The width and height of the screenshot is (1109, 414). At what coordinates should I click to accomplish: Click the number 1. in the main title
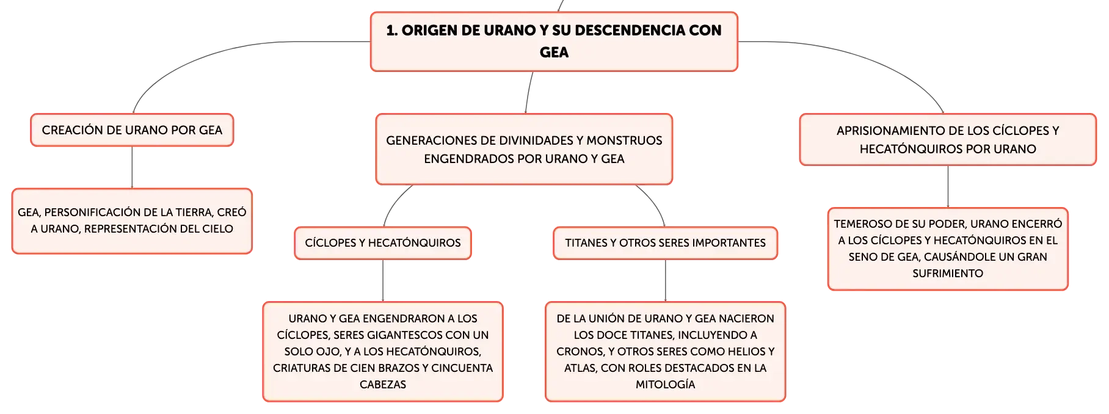[x=392, y=31]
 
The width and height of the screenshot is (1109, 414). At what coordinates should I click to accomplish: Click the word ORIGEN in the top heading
[x=429, y=31]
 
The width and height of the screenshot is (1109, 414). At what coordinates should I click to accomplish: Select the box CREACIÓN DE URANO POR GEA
[x=132, y=130]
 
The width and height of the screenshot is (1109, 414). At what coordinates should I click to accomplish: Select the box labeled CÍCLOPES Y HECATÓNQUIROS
[x=383, y=243]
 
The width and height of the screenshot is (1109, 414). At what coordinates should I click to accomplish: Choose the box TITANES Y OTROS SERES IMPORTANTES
[x=665, y=243]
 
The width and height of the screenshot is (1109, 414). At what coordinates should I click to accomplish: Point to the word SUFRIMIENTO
[x=948, y=274]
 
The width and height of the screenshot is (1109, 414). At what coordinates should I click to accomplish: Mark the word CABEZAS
[x=383, y=385]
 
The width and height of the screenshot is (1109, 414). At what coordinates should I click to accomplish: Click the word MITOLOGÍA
[x=665, y=385]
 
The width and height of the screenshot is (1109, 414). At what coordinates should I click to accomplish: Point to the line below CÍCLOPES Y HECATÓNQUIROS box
[x=383, y=281]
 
